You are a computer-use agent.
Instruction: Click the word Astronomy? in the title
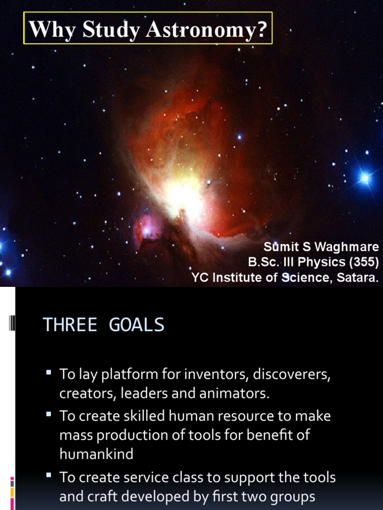pos(206,29)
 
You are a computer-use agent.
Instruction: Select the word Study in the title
pos(111,29)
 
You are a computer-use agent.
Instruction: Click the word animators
pos(237,393)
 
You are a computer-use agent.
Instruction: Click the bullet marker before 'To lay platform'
pos(49,372)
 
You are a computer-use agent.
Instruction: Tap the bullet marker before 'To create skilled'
pos(49,414)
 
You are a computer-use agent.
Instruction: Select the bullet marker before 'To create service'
pos(49,476)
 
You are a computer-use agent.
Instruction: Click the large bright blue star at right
pos(365,178)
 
